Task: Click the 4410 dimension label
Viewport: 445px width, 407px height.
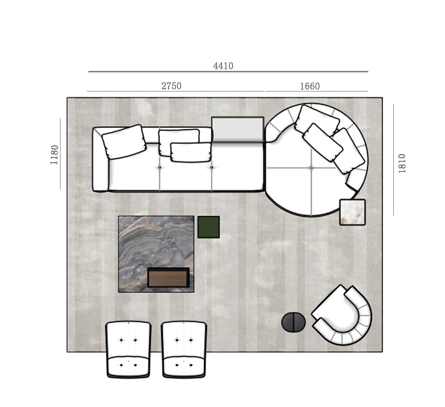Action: tap(223, 66)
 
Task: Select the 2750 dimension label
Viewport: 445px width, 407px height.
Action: tap(171, 86)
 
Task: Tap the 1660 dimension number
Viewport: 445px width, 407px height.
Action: tap(310, 86)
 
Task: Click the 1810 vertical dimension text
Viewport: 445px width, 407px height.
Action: tap(402, 164)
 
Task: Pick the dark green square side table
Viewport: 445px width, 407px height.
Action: tap(209, 227)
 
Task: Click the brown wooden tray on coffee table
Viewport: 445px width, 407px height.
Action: tap(168, 277)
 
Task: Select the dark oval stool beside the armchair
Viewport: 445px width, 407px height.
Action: tap(293, 323)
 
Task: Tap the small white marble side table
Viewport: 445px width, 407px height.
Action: tap(352, 212)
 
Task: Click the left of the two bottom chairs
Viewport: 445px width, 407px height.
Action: tap(128, 349)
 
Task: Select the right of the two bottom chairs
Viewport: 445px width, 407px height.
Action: tap(184, 349)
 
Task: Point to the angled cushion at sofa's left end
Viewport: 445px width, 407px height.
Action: tap(124, 142)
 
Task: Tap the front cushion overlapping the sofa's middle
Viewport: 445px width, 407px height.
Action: tap(191, 152)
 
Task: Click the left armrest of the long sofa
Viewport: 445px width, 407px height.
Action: tap(100, 160)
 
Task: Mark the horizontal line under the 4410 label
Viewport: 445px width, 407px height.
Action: tap(228, 72)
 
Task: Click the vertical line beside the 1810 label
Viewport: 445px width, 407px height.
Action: tap(393, 160)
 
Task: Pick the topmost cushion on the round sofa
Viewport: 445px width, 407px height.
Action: tap(317, 120)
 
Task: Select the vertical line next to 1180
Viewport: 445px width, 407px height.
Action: tap(60, 154)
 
